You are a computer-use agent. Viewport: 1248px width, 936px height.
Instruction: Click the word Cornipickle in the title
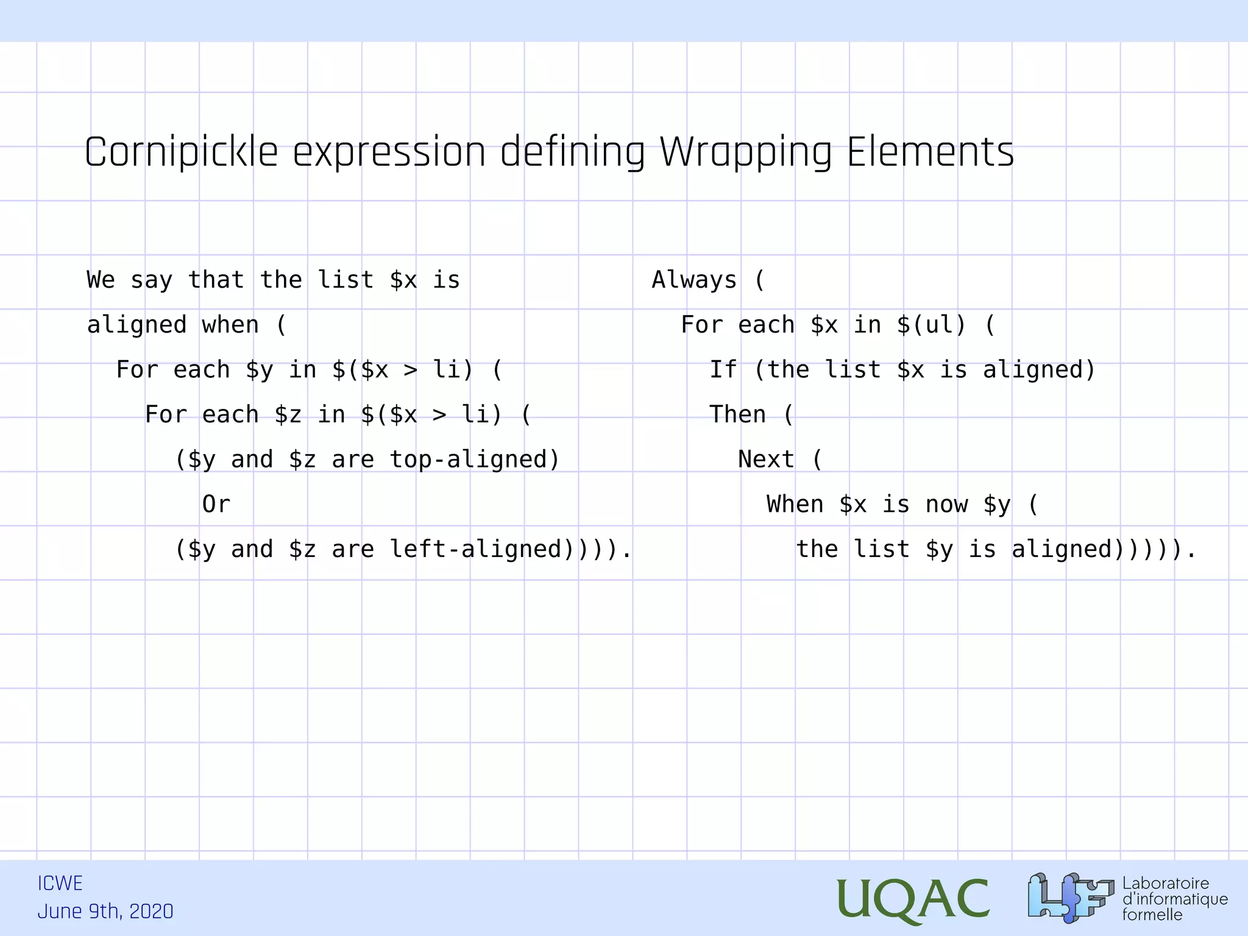181,152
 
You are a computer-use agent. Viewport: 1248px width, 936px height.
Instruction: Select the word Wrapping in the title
745,152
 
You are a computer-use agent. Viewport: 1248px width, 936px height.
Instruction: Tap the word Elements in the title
930,152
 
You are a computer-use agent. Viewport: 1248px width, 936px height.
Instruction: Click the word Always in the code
694,280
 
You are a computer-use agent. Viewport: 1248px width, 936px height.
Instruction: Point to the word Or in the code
216,505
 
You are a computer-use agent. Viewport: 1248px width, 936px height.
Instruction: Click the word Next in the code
766,459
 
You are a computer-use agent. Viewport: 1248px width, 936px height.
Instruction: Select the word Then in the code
737,414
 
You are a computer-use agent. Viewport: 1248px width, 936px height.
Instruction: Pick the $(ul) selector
931,325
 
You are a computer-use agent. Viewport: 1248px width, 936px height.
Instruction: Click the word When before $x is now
795,505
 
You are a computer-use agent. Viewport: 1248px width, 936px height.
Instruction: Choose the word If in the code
723,370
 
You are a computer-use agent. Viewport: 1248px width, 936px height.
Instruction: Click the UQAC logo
912,899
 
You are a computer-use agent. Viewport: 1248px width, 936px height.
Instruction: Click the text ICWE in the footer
60,884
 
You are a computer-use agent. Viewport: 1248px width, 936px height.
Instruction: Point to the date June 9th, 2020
105,912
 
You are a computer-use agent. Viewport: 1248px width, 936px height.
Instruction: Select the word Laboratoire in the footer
1165,884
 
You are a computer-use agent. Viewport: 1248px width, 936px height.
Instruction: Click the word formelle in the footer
1152,915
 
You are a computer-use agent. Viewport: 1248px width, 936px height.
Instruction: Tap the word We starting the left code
101,280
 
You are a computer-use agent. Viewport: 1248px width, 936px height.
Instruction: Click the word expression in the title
389,152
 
